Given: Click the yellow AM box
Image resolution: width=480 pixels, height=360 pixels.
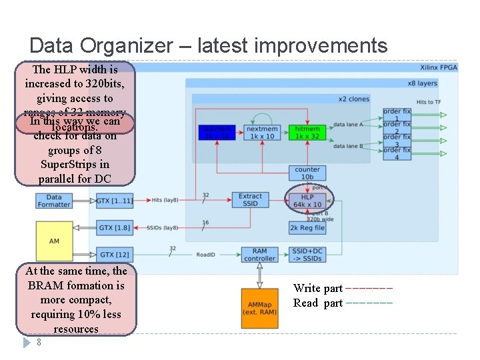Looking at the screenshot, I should [54, 240].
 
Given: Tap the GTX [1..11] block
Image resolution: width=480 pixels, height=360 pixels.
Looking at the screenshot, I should [114, 200].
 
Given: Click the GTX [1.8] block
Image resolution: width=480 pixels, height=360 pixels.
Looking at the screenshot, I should [114, 228].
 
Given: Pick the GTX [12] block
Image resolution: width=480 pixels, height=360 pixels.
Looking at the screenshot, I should [114, 254].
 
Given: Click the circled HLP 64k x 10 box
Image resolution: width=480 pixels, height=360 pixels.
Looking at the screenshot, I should [307, 201].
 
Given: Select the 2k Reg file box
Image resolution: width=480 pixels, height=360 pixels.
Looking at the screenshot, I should [307, 228].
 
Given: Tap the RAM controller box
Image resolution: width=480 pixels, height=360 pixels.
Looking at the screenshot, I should [259, 254].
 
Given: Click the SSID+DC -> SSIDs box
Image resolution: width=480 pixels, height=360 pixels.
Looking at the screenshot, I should [307, 254].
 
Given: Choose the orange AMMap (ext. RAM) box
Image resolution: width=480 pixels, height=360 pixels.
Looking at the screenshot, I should [259, 309].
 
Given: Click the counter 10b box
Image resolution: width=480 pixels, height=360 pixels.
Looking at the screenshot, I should [307, 173].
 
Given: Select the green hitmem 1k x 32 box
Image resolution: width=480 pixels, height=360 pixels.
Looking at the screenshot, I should [307, 132].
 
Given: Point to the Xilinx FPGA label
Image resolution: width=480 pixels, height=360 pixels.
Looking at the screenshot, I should [438, 67].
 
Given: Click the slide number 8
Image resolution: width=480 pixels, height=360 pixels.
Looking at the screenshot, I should [39, 342].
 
